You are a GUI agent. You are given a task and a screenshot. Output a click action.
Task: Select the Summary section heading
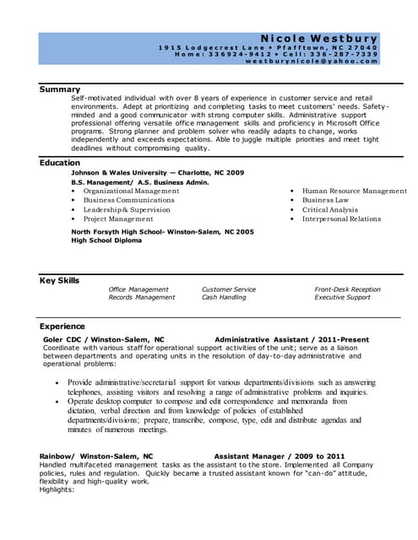[x=60, y=89]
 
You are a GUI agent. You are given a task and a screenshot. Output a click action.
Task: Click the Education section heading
[x=60, y=162]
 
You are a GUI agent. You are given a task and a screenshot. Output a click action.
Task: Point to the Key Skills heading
[x=60, y=280]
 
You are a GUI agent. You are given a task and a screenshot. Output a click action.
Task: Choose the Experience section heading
[x=62, y=326]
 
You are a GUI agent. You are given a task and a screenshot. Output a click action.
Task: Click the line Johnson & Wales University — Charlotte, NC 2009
[x=157, y=172]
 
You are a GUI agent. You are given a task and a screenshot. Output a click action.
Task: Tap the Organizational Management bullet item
[x=131, y=191]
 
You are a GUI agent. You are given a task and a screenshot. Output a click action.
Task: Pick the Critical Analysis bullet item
[x=330, y=209]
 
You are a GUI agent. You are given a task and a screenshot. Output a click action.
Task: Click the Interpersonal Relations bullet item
[x=341, y=219]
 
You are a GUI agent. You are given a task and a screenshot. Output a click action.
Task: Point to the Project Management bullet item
[x=118, y=219]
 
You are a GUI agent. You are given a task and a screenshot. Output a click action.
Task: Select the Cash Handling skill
[x=224, y=297]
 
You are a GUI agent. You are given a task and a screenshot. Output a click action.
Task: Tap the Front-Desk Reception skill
[x=347, y=289]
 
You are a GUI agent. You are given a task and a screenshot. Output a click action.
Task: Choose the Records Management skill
[x=142, y=297]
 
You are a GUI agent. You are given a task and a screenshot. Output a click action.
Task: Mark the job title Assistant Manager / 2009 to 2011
[x=279, y=456]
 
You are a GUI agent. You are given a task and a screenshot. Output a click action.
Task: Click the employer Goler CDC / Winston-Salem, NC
[x=103, y=339]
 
